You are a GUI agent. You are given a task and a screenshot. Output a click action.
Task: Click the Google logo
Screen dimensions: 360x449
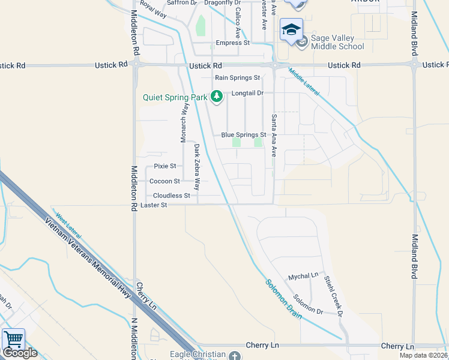(x=20, y=353)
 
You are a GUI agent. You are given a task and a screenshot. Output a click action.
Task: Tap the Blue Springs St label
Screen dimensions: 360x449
(x=243, y=135)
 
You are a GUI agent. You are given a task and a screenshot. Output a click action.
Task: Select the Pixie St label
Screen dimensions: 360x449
(x=164, y=166)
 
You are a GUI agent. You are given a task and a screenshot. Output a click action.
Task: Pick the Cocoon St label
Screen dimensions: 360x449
(x=164, y=181)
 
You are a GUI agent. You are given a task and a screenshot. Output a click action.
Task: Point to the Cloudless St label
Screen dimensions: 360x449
(x=171, y=196)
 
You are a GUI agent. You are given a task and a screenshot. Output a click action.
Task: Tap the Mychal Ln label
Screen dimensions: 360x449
(x=303, y=277)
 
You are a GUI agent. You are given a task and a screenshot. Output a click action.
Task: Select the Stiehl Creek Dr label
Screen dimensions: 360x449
(x=333, y=296)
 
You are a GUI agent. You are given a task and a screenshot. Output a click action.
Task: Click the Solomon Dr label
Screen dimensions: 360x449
(x=308, y=305)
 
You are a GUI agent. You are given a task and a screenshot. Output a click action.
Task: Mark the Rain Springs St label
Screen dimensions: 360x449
(x=237, y=78)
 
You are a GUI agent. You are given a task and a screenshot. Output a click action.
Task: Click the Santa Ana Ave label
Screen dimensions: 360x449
(x=273, y=135)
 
